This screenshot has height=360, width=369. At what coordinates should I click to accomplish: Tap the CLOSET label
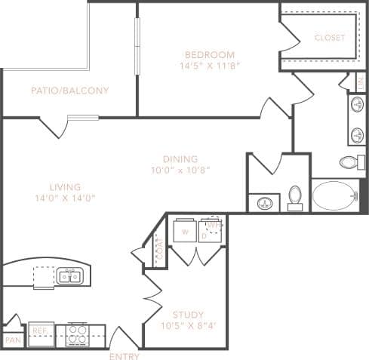[x=329, y=37]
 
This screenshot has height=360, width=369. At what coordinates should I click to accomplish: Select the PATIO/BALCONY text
[x=69, y=91]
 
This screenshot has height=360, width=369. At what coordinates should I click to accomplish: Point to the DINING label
[x=180, y=159]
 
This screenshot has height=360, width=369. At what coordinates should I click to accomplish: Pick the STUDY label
[x=187, y=315]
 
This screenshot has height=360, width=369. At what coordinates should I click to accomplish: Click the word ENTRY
[x=124, y=356]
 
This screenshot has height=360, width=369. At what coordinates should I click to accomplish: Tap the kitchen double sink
[x=70, y=276]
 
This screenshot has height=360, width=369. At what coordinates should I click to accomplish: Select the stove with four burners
[x=77, y=334]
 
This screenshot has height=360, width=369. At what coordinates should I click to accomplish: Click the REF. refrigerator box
[x=39, y=331]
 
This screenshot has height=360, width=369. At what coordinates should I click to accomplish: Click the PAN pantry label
[x=12, y=340]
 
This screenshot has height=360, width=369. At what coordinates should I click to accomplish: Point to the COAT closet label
[x=158, y=249]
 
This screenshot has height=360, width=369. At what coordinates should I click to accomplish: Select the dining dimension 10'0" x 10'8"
[x=180, y=170]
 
